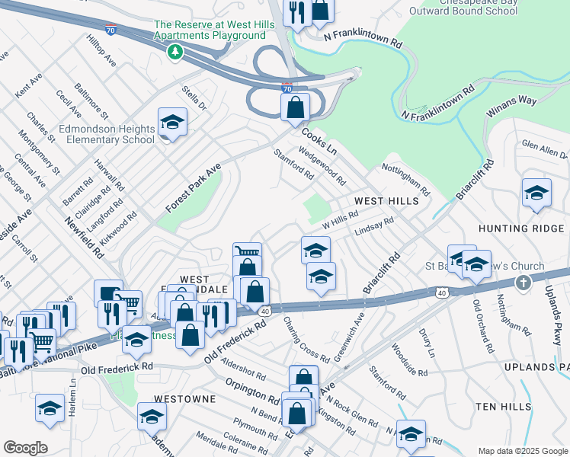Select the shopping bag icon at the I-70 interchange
[x=295, y=107]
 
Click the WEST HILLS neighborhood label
[x=386, y=201]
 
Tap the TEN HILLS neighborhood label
[x=504, y=407]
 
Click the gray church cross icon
[x=523, y=283]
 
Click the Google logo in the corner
[x=26, y=448]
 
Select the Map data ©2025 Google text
[x=522, y=450]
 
